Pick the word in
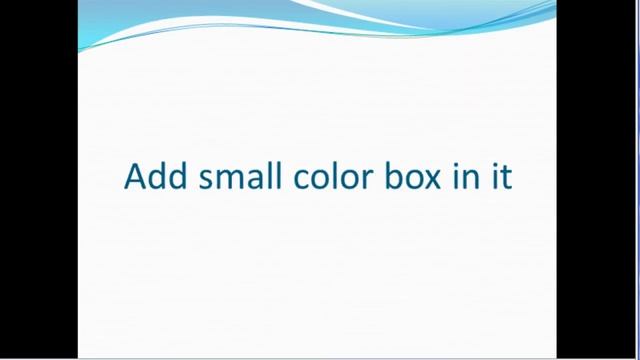pyautogui.click(x=464, y=176)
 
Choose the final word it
pyautogui.click(x=501, y=176)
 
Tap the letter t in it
pyautogui.click(x=506, y=177)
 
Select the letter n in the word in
pyautogui.click(x=470, y=179)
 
